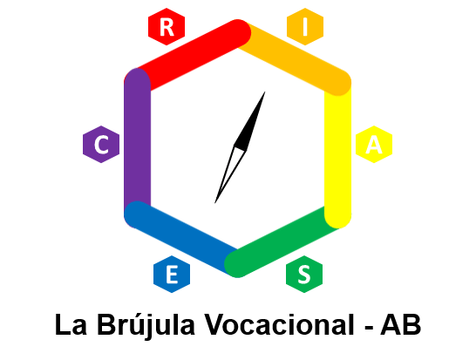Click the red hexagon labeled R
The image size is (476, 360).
click(x=167, y=27)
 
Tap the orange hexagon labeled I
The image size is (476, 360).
click(x=305, y=27)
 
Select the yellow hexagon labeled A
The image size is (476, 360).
click(x=374, y=144)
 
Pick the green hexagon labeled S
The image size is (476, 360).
click(x=304, y=274)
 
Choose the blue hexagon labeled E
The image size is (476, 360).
click(x=172, y=274)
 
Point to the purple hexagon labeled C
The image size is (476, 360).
click(x=101, y=144)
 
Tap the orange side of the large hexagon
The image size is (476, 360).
click(x=295, y=56)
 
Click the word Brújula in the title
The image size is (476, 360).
click(x=146, y=325)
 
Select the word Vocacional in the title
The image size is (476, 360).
click(x=280, y=325)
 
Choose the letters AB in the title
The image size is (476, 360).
click(x=401, y=325)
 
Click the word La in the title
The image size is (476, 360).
click(x=71, y=325)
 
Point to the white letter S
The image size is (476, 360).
click(x=304, y=275)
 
